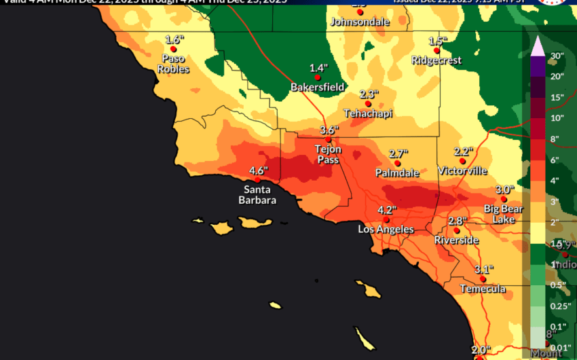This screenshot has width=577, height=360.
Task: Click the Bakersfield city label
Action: point(318,88)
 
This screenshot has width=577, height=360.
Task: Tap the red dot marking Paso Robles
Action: point(174,50)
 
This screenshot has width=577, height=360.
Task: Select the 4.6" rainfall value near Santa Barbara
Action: point(259,170)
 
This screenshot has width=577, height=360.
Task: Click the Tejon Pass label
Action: point(328,154)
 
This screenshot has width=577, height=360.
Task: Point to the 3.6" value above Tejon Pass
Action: point(329,130)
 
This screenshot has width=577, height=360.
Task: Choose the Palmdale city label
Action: point(397,173)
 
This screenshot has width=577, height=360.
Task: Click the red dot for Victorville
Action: point(462,161)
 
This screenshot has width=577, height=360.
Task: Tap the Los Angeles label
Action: point(386,230)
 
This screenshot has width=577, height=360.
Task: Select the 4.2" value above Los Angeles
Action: point(386,210)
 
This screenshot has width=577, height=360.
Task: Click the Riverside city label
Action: point(457,240)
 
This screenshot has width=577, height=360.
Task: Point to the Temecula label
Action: point(483,289)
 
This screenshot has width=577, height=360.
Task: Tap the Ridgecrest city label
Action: point(436,60)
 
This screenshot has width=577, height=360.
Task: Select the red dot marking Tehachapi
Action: point(368,104)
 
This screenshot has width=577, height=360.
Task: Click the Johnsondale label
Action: point(360,22)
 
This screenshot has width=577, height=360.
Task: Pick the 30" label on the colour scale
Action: point(557,56)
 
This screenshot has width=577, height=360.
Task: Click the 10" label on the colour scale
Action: point(557,118)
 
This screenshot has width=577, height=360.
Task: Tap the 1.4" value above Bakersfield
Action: point(318,68)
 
